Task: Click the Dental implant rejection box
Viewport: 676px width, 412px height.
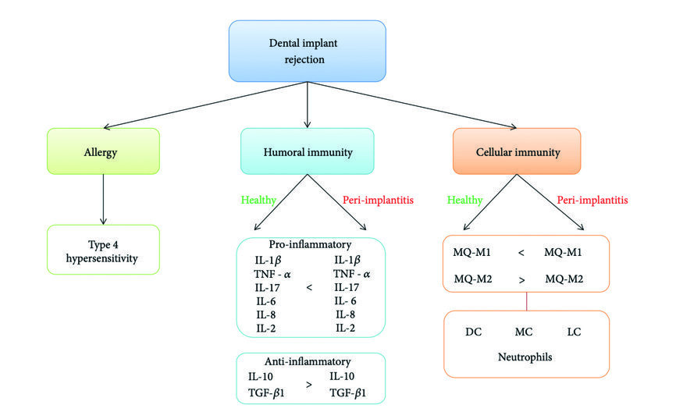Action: click(307, 51)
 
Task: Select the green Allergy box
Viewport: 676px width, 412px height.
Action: click(104, 151)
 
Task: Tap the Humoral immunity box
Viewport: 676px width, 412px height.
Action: click(307, 151)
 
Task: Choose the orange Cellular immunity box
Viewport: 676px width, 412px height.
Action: click(517, 151)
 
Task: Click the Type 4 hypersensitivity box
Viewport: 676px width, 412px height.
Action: click(104, 249)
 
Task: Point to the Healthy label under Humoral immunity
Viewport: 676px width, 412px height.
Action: click(258, 200)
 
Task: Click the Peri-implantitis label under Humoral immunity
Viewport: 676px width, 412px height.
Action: click(378, 200)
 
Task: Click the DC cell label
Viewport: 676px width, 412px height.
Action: click(473, 332)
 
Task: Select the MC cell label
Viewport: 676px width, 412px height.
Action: click(524, 332)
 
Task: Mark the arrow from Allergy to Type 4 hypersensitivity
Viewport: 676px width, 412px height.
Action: click(104, 198)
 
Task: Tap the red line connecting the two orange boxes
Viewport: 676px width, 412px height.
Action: click(526, 301)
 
